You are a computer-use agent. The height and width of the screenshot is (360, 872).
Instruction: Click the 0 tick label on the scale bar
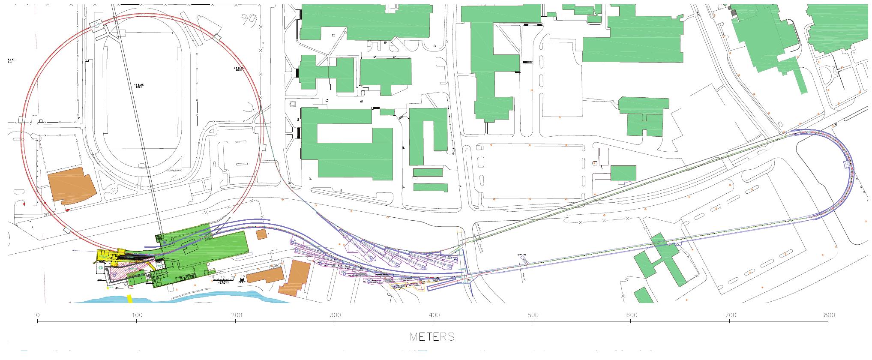tap(38, 315)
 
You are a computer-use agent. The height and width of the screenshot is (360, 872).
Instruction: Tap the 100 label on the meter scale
tap(137, 315)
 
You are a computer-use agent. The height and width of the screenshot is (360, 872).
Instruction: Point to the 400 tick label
tap(434, 315)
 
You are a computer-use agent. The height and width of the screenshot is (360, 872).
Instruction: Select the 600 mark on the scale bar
tap(631, 315)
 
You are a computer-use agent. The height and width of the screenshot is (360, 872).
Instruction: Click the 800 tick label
tap(829, 315)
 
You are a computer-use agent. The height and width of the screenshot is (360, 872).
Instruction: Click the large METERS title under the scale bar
tap(432, 337)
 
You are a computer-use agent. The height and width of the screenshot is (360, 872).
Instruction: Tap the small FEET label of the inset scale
tap(243, 282)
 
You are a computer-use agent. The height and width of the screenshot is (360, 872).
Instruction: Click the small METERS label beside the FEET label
tap(224, 282)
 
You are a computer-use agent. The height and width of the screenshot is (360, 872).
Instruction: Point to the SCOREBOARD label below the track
tap(175, 171)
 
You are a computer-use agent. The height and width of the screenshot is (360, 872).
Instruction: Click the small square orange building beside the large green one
tap(261, 234)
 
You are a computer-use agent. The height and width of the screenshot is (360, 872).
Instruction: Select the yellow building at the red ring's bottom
tap(107, 256)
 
